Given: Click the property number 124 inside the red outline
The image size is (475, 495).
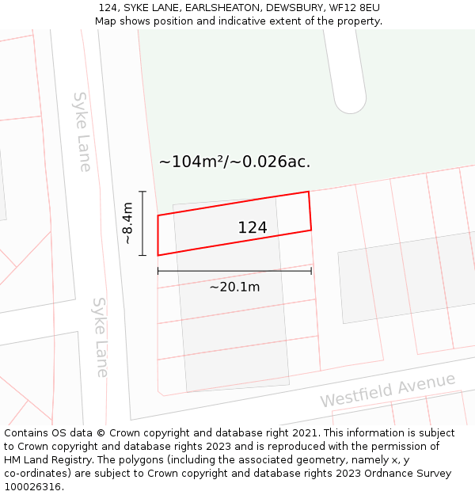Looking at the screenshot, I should (253, 228).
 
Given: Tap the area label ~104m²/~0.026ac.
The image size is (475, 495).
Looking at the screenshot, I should (234, 162).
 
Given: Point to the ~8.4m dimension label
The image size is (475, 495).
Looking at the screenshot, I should (128, 224).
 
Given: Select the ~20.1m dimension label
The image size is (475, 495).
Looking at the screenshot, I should (234, 287).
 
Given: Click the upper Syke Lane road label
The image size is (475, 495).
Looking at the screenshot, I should (82, 131).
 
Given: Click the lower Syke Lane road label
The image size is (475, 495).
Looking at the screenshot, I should (101, 337).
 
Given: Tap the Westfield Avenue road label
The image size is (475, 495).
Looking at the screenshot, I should (388, 390).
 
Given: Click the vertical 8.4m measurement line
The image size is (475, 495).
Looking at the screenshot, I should (142, 223).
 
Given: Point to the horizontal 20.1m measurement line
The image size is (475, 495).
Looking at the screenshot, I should (234, 271).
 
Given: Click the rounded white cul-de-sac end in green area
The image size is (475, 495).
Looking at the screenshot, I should (349, 99).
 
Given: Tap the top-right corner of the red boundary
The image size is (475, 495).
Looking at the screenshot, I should (308, 192).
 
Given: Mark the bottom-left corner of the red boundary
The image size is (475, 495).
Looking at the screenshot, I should (158, 255).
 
